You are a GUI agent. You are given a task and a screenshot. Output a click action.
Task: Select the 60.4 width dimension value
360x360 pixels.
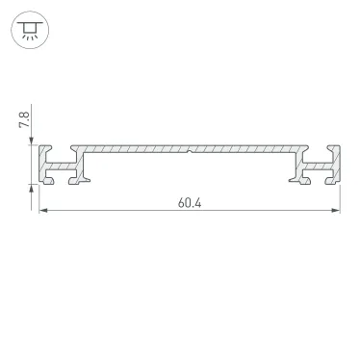click(190, 203)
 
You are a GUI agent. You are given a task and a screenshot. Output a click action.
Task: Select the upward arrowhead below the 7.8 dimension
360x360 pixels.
click(34, 189)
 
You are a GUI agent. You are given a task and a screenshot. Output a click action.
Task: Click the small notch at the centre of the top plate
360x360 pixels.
click(191, 151)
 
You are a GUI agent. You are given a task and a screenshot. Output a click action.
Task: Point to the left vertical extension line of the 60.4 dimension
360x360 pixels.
click(39, 197)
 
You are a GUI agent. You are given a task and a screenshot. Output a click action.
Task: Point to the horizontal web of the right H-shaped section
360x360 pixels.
click(320, 166)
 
